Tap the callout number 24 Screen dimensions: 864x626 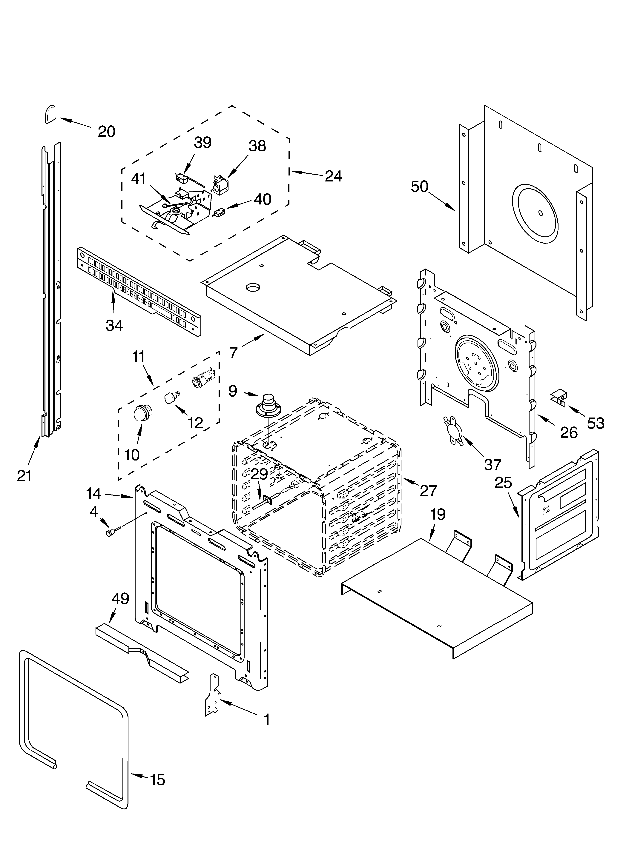pyautogui.click(x=333, y=176)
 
